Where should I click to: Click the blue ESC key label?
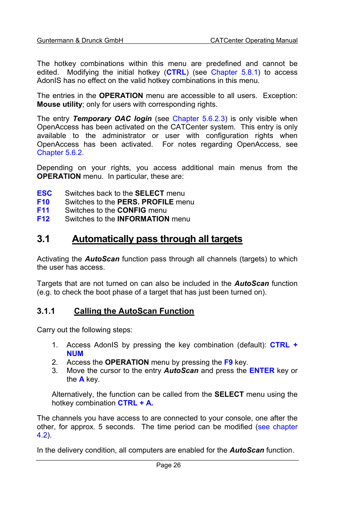[45, 193]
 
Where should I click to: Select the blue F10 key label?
[43, 202]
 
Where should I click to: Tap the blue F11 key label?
[43, 210]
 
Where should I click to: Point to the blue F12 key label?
[43, 219]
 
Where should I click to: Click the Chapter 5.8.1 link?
[234, 72]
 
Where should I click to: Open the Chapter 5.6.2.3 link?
[198, 119]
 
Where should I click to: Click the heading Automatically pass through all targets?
[157, 239]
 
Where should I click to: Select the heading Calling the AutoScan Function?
[134, 311]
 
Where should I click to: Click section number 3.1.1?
[46, 311]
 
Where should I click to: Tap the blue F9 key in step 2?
[228, 362]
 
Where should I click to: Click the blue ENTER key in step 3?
[262, 371]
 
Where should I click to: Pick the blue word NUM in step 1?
[75, 354]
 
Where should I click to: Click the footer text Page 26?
[168, 465]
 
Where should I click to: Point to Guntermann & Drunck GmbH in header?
[80, 40]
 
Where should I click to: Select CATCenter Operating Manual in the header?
[254, 40]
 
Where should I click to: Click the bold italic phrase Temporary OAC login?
[112, 119]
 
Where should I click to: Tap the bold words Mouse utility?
[60, 104]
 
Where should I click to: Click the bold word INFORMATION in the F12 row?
[143, 219]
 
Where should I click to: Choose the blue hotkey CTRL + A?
[135, 403]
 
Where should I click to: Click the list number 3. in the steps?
[55, 371]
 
